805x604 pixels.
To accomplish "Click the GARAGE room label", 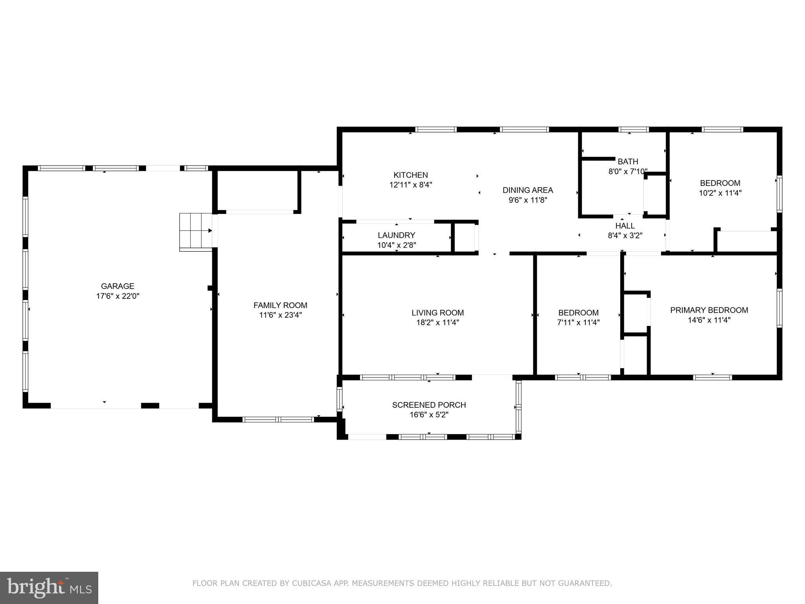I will click(x=118, y=286).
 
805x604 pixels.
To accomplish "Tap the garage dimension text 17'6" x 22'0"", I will click(x=118, y=296).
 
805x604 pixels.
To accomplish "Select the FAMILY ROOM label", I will click(x=280, y=305).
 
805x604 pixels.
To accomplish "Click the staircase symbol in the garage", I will click(x=196, y=232).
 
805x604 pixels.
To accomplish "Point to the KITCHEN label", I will click(x=411, y=175).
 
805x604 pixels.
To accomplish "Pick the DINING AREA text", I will click(x=527, y=190).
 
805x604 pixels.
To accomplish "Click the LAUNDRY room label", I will click(x=396, y=235).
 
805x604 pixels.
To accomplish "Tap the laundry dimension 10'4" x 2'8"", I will click(x=396, y=245).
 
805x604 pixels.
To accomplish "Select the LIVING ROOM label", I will click(x=437, y=313).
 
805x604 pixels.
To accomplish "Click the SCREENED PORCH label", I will click(x=429, y=405).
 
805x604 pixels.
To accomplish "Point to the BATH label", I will click(x=628, y=161).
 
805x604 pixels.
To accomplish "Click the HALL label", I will click(x=625, y=226).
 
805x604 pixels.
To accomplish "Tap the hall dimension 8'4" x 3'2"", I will click(x=625, y=236).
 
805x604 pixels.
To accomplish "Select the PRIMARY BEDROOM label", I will click(x=709, y=310).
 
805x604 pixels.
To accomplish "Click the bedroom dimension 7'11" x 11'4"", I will click(x=578, y=322).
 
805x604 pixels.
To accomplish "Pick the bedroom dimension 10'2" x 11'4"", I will click(x=720, y=193).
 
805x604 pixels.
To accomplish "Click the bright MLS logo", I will click(x=49, y=588).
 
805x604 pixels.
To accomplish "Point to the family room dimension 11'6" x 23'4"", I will click(x=280, y=315).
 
